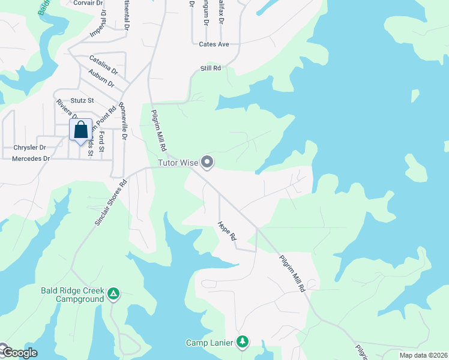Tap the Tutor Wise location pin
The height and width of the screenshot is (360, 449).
click(208, 162)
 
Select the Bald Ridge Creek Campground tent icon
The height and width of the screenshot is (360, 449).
click(113, 294)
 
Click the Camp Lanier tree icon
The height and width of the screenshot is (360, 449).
click(243, 342)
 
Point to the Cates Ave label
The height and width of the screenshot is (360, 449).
click(214, 44)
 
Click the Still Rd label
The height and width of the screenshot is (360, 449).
click(211, 68)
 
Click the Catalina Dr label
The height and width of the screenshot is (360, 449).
click(103, 62)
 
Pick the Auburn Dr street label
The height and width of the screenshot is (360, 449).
click(101, 77)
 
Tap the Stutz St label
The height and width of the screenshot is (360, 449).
click(82, 100)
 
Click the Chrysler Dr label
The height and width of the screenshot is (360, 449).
click(29, 147)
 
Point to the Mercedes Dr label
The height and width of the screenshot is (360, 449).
click(31, 159)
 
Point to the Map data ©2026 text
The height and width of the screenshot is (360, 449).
click(423, 355)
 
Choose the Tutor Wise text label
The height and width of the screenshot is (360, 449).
click(178, 163)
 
